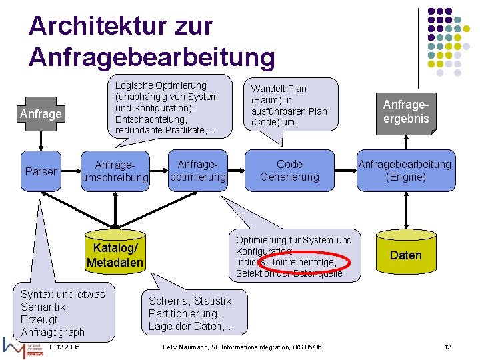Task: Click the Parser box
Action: coord(41,171)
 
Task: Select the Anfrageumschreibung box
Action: coord(115,171)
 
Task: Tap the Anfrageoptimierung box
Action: coord(198,171)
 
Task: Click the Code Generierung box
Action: coord(289,171)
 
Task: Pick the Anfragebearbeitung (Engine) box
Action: coord(405,171)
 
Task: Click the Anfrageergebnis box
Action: coord(405,111)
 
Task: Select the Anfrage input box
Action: coord(41,114)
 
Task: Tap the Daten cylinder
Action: coord(405,254)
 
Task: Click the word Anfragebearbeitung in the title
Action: coord(151,57)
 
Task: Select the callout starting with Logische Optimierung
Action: coord(167,108)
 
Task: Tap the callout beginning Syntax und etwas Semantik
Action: coord(63,312)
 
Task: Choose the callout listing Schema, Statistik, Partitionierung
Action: coord(191,314)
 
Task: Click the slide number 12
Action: coord(448,347)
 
